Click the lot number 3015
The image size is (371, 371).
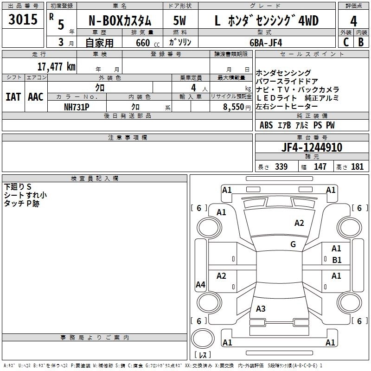(23, 20)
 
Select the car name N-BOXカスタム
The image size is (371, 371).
(119, 21)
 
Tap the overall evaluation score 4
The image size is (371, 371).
(354, 21)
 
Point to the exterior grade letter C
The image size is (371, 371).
(345, 42)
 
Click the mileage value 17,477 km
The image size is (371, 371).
(56, 66)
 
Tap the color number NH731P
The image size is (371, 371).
(77, 107)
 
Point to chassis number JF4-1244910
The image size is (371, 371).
(312, 147)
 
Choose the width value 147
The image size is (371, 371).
(320, 167)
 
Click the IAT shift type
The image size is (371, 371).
(13, 97)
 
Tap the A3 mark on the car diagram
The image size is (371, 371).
(261, 309)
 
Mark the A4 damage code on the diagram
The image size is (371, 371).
(200, 285)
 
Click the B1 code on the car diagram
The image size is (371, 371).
(337, 260)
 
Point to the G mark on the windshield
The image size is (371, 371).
(293, 244)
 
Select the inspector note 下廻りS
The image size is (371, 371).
(17, 186)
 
